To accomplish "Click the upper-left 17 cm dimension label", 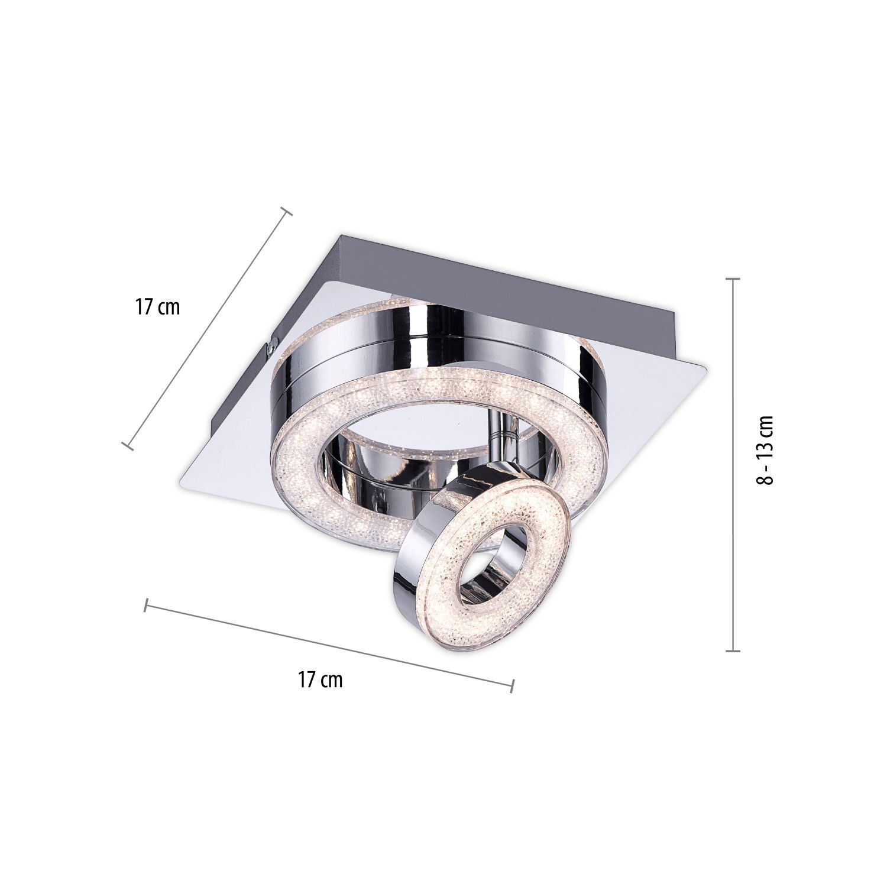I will tap(157, 307).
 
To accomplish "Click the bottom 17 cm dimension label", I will tap(320, 679).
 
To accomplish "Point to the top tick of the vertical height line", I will tap(733, 279).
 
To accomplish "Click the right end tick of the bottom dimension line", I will tap(512, 685).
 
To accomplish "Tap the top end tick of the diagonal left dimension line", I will tap(286, 211).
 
